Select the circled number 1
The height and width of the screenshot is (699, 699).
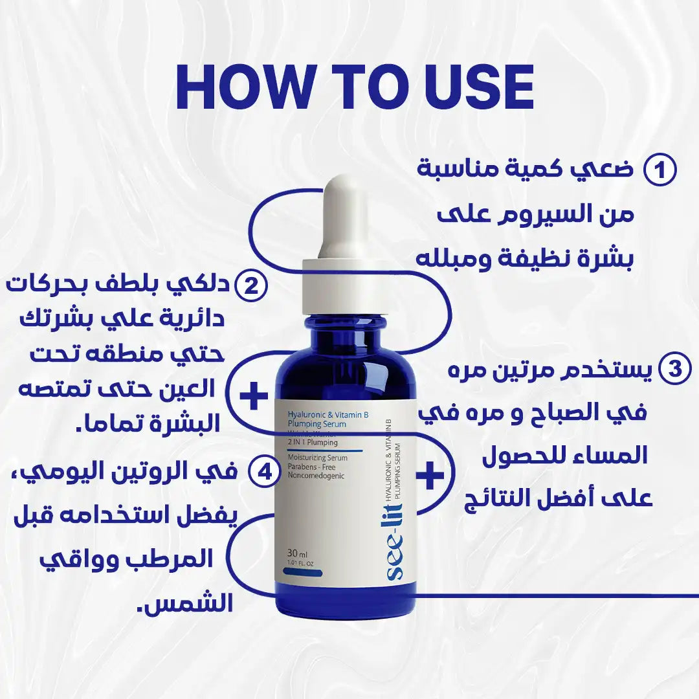click(660, 171)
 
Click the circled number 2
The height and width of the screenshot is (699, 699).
click(250, 285)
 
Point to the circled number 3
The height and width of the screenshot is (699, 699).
click(674, 370)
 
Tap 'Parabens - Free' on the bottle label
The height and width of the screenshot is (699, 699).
click(313, 467)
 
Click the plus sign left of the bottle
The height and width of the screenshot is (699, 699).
click(253, 395)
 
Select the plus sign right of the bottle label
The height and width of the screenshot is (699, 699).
click(430, 477)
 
